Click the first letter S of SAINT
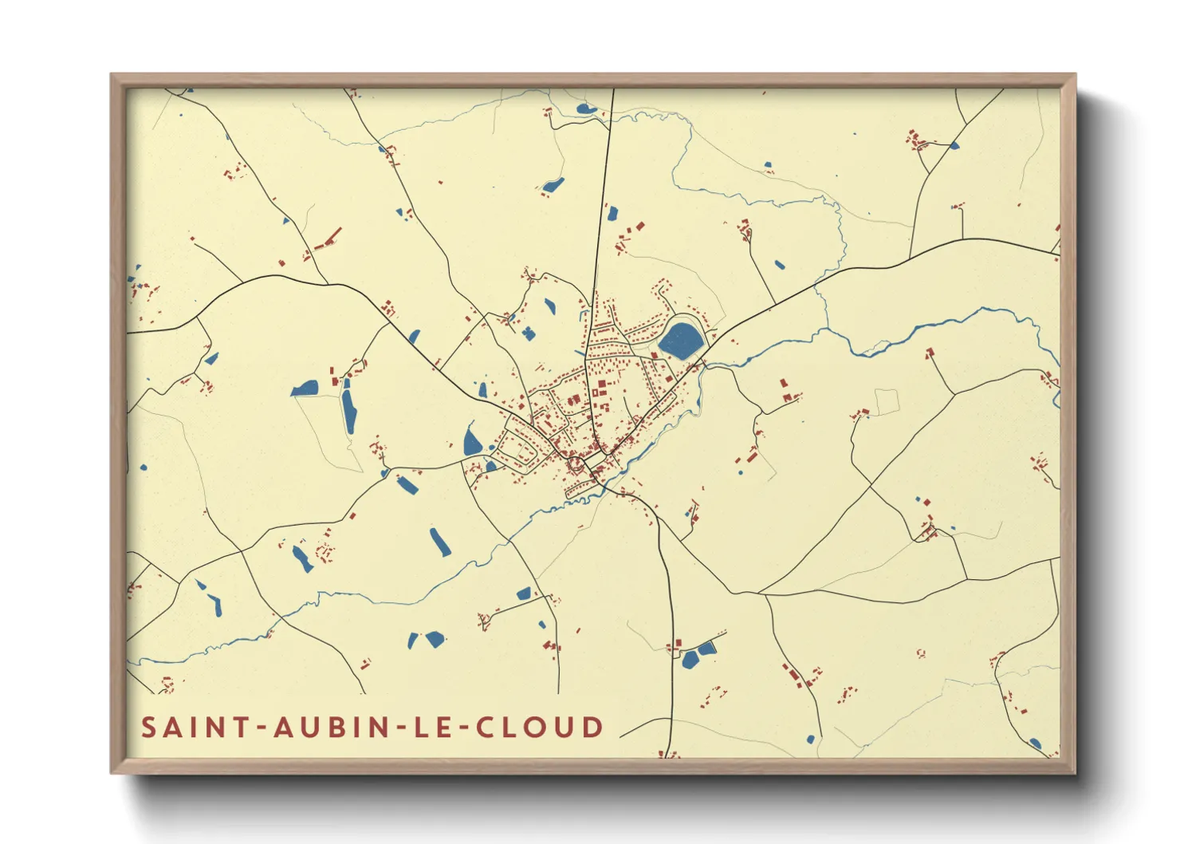pyautogui.click(x=149, y=728)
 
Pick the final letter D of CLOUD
pyautogui.click(x=592, y=728)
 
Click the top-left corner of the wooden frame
pyautogui.click(x=112, y=76)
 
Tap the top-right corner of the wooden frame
pyautogui.click(x=1074, y=76)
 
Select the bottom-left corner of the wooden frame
pyautogui.click(x=112, y=771)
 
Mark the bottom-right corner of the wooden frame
pyautogui.click(x=1074, y=771)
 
